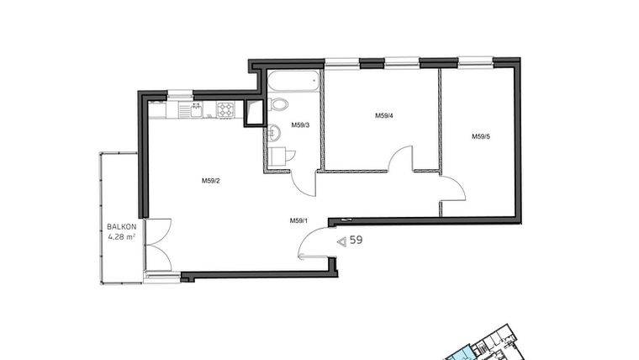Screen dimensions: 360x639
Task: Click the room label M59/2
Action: (x=210, y=180)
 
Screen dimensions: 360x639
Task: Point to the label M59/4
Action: (x=384, y=116)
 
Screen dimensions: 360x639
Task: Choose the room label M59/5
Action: (x=480, y=136)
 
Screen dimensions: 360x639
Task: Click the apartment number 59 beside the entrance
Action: (x=356, y=241)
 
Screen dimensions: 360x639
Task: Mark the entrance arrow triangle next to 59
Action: (x=341, y=241)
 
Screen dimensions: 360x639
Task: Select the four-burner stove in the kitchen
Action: (x=225, y=109)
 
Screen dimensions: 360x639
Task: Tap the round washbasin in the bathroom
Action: (x=279, y=103)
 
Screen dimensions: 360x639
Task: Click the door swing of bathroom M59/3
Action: (x=304, y=182)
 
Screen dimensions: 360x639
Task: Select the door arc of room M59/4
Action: (x=402, y=160)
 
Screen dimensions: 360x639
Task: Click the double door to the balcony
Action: (x=157, y=245)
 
